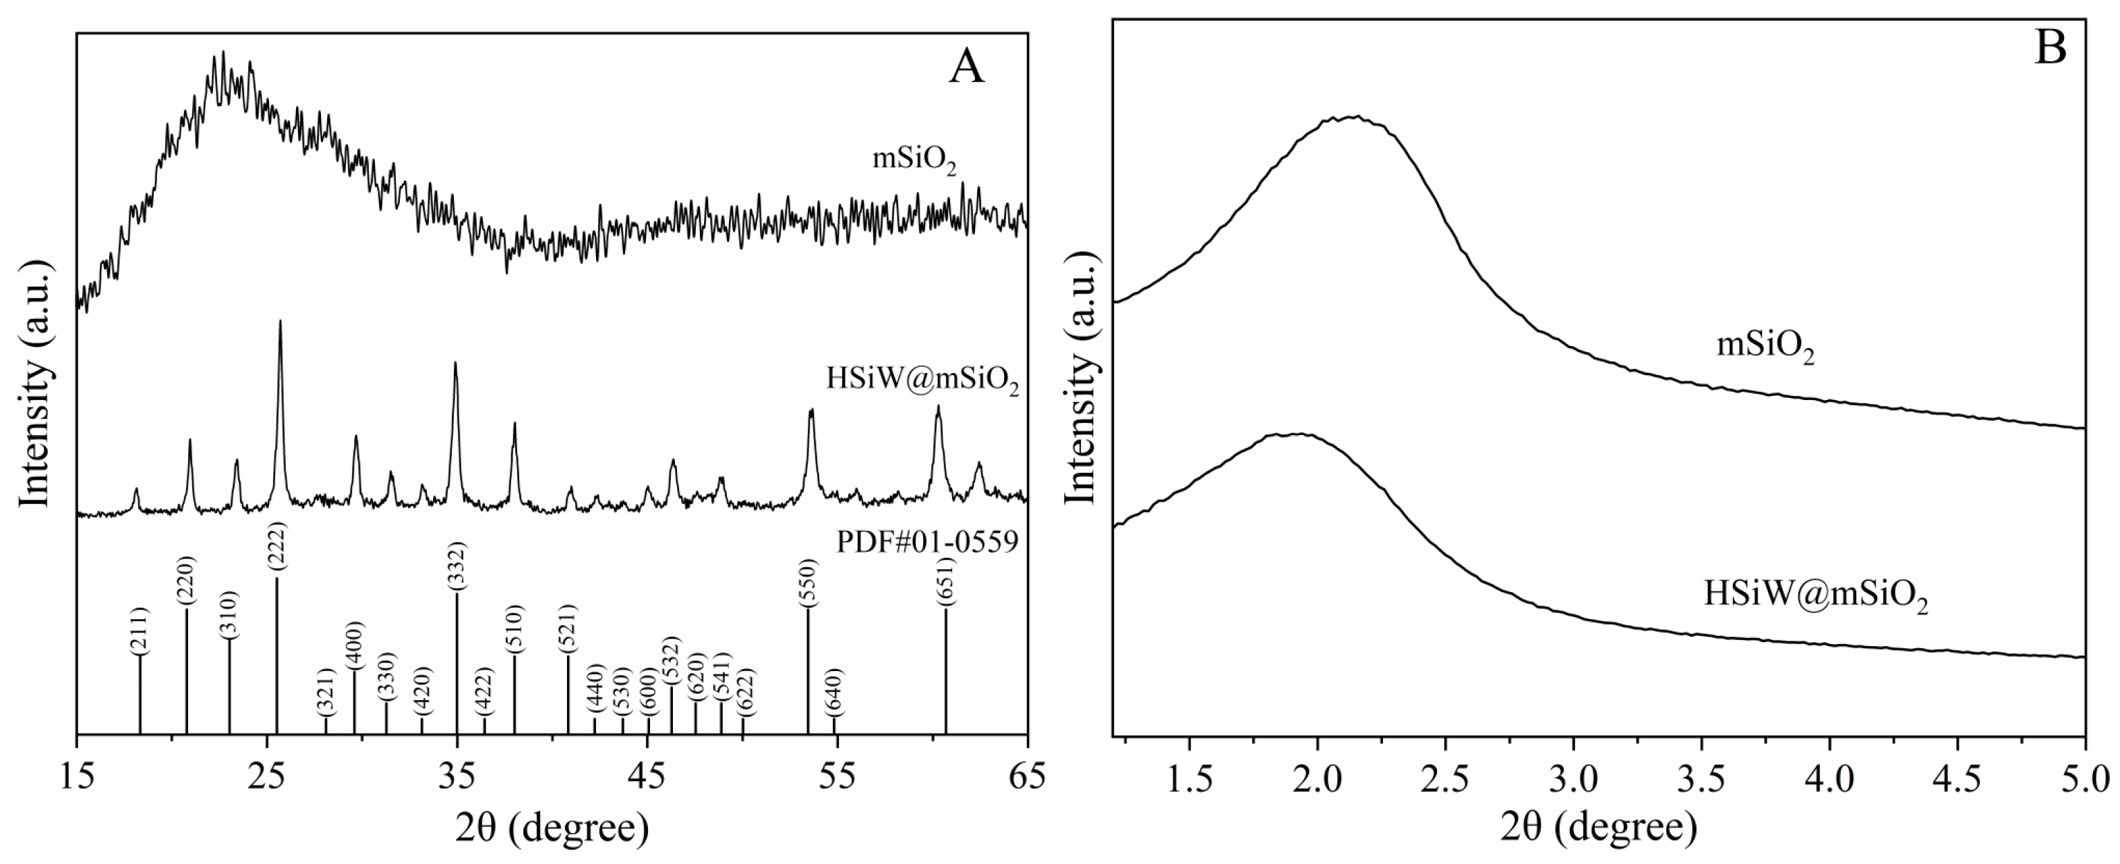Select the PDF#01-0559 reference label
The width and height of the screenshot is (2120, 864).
pos(928,543)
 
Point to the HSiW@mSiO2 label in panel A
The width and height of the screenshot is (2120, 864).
pos(922,381)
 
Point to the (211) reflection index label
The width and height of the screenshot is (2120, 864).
pos(140,631)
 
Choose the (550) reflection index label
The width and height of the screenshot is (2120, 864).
pos(807,583)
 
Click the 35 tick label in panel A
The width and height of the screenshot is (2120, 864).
pos(457,778)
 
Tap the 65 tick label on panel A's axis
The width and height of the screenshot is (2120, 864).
pos(1026,778)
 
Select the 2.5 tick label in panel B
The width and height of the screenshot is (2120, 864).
pos(1446,778)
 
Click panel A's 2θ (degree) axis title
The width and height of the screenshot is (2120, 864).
pos(552,828)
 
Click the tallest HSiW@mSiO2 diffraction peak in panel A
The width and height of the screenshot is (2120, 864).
pos(281,322)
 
